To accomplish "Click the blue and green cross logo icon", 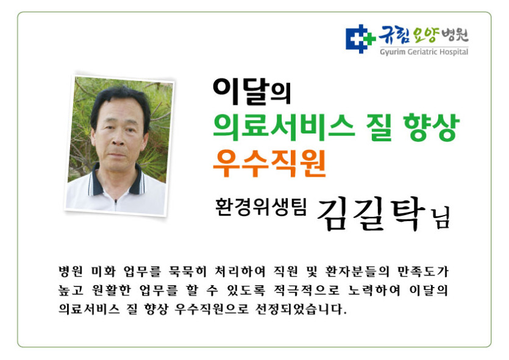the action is [360, 38].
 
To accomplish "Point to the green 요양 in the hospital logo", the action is [426, 34].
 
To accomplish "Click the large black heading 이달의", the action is [252, 91].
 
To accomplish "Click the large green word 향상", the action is [432, 127].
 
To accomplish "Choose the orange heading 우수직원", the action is [269, 163].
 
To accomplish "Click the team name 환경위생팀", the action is [261, 207].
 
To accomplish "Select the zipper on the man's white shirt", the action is [115, 203].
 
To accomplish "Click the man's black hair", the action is [120, 101].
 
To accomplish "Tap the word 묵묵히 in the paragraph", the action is [187, 271].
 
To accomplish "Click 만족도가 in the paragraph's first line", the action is [423, 271].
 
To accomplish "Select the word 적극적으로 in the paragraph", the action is [306, 290].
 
